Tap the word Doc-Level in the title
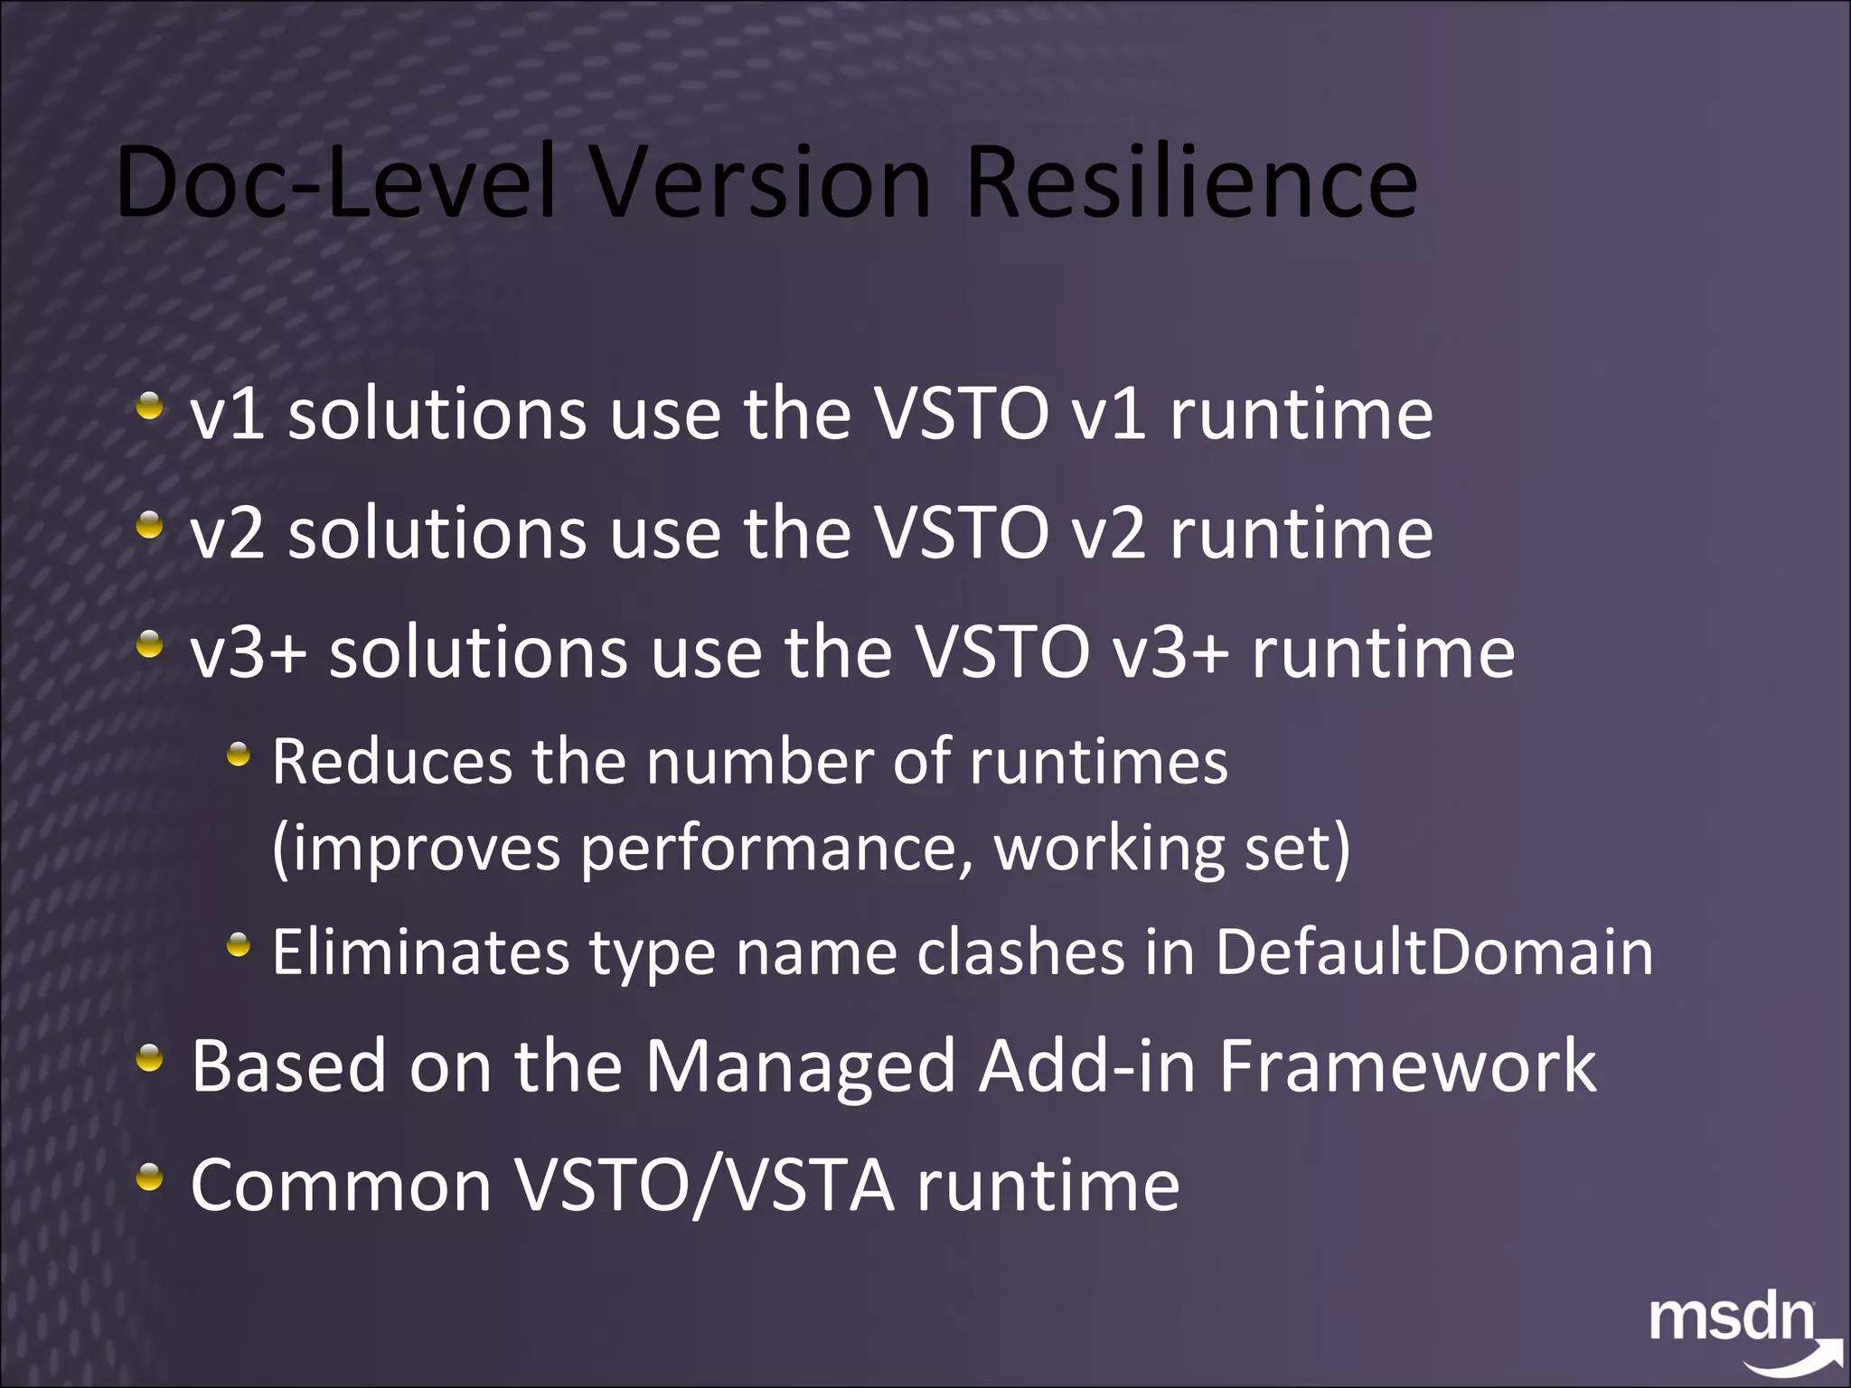click(335, 183)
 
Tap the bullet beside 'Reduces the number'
click(238, 755)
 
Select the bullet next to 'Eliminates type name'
click(238, 946)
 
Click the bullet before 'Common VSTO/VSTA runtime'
click(150, 1177)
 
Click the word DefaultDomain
click(1434, 952)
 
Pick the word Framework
click(1407, 1067)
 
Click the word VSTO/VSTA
click(705, 1186)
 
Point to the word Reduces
click(392, 762)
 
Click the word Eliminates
click(421, 952)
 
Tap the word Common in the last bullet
click(341, 1186)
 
